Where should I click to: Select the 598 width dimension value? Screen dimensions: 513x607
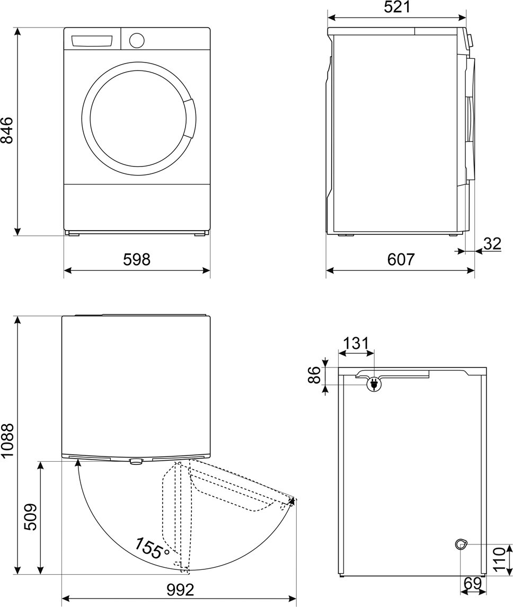(137, 260)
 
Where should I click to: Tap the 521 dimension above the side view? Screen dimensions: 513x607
(397, 7)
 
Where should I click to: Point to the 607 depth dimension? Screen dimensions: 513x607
(401, 260)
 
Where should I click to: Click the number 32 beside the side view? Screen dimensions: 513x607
(492, 244)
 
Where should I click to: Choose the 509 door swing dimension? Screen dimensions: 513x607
(30, 517)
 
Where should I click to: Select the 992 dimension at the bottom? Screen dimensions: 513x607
(180, 591)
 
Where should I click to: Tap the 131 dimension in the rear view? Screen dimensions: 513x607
(356, 344)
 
